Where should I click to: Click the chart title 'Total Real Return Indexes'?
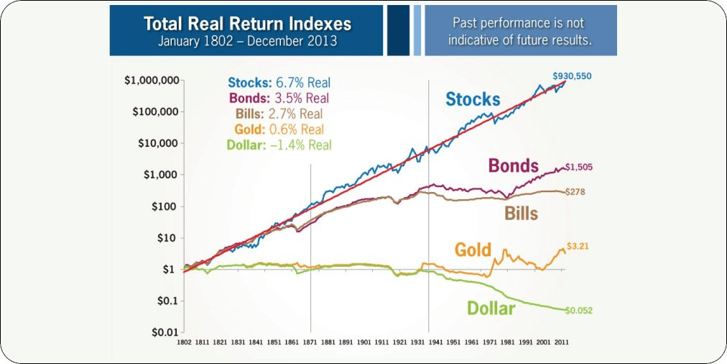pos(247,24)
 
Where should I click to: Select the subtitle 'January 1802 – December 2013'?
pos(247,41)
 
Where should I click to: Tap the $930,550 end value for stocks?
pos(573,76)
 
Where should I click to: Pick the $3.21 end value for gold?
pos(578,246)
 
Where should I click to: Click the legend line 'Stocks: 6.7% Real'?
pos(279,83)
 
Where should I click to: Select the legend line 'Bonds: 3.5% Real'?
pos(279,99)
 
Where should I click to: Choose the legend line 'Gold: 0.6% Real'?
pos(279,129)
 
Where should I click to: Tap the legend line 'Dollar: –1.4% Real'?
pos(279,145)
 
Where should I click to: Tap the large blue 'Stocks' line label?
pos(473,99)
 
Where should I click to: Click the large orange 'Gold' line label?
pos(473,250)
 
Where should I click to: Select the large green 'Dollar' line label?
pos(491,309)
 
